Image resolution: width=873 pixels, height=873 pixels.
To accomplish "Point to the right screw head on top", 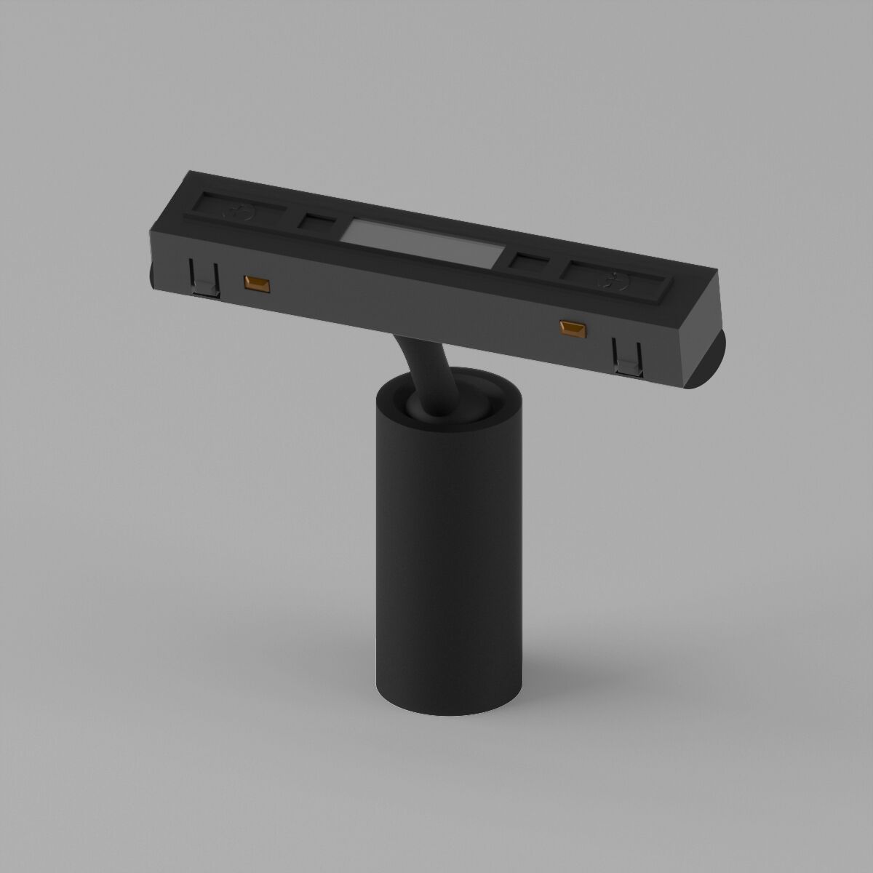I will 613,279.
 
